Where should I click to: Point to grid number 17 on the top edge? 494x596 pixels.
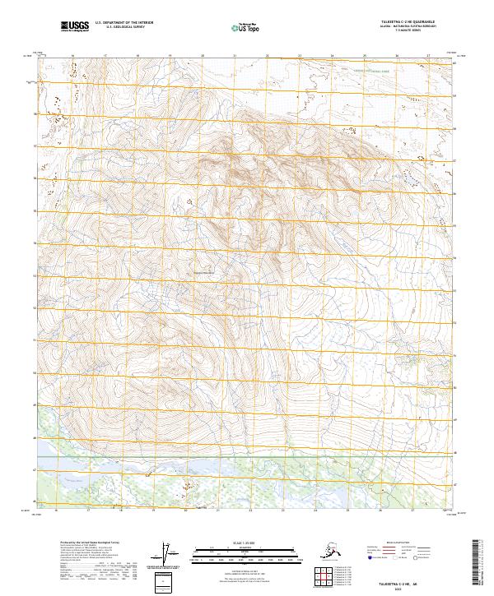click(105, 57)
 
